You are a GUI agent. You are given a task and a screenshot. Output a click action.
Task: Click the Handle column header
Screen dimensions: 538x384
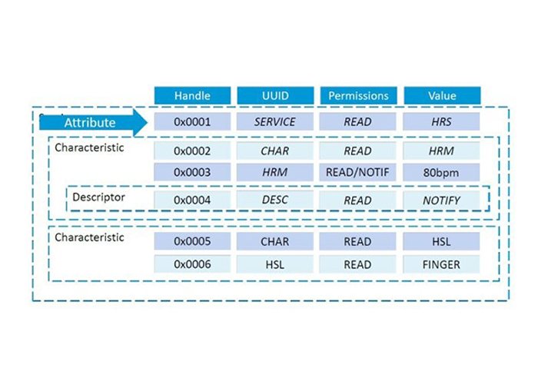pyautogui.click(x=192, y=95)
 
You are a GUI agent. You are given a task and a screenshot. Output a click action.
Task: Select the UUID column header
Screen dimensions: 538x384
pyautogui.click(x=275, y=95)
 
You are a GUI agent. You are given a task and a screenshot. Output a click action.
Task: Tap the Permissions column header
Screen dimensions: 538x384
pyautogui.click(x=359, y=95)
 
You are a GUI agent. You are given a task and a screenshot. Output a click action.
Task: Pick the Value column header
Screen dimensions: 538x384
pyautogui.click(x=442, y=95)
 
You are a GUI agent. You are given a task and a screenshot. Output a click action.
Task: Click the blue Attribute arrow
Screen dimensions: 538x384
pyautogui.click(x=93, y=122)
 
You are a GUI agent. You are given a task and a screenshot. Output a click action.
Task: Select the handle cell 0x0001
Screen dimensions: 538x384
pyautogui.click(x=192, y=121)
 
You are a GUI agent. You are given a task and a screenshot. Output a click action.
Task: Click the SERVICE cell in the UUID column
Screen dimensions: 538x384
pyautogui.click(x=275, y=121)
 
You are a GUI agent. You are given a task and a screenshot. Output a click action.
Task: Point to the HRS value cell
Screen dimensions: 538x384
pyautogui.click(x=441, y=121)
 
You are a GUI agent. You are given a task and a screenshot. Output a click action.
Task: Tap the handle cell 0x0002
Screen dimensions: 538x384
pyautogui.click(x=192, y=151)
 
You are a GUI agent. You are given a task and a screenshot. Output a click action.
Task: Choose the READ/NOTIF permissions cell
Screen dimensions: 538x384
pyautogui.click(x=357, y=172)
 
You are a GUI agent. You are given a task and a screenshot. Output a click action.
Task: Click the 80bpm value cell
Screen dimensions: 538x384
pyautogui.click(x=441, y=172)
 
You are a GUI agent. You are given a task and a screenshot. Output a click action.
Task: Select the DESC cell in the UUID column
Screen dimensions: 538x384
pyautogui.click(x=275, y=200)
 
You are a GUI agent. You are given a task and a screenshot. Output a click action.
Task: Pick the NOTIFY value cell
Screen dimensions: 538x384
pyautogui.click(x=441, y=200)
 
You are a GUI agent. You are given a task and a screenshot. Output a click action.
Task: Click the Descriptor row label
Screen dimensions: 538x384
pyautogui.click(x=99, y=197)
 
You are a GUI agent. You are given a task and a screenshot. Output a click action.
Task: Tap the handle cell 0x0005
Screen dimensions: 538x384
pyautogui.click(x=192, y=241)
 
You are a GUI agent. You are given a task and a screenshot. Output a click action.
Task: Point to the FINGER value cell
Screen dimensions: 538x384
pyautogui.click(x=441, y=264)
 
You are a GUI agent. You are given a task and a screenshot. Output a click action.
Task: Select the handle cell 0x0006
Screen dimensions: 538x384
pyautogui.click(x=192, y=264)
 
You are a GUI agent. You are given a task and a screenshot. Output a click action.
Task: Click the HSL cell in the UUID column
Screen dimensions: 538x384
pyautogui.click(x=275, y=264)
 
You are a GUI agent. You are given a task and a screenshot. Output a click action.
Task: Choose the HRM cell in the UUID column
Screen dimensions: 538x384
pyautogui.click(x=275, y=172)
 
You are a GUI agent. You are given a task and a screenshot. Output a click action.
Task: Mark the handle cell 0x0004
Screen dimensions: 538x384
pyautogui.click(x=192, y=200)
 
